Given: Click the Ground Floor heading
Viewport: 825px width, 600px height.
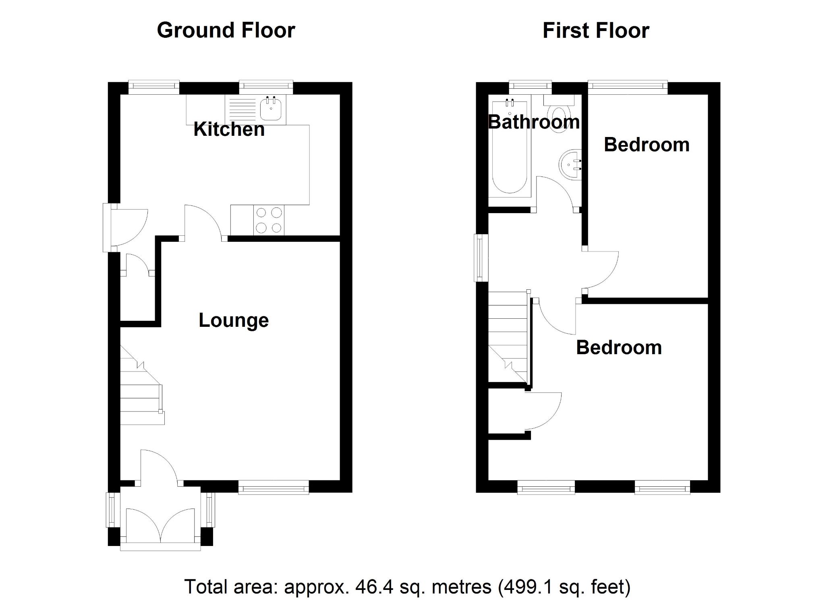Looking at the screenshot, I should click(x=226, y=31).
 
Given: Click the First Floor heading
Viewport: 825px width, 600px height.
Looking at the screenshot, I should click(x=595, y=31).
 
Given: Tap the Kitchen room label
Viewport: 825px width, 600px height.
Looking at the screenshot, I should click(x=229, y=129).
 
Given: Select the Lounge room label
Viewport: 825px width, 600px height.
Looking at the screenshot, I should click(x=234, y=320).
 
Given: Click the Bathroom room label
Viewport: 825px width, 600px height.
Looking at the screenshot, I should click(x=534, y=122).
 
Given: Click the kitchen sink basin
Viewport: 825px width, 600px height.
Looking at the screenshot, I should click(x=271, y=109).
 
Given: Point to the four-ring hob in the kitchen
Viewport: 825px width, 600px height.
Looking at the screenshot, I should click(x=269, y=220).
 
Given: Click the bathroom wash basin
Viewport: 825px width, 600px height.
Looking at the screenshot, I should click(x=569, y=165).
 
